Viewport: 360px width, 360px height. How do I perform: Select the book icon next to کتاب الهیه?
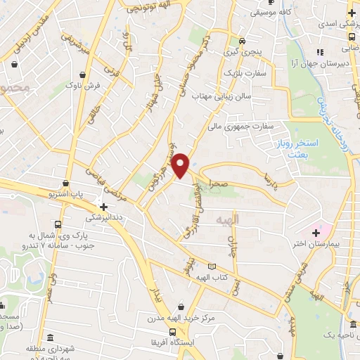click(212, 266)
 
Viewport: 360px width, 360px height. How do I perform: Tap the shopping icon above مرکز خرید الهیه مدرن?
click(182, 306)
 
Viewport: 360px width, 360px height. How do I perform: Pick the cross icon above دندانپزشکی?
click(104, 207)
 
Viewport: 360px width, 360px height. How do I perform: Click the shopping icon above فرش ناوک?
click(84, 73)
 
